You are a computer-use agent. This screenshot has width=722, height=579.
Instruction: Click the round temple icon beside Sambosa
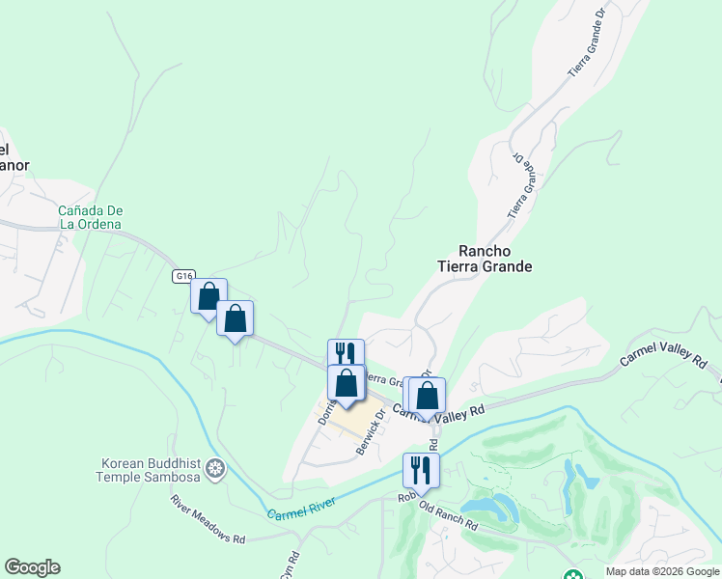coord(217,470)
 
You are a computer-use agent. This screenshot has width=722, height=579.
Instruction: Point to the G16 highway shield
coord(183,276)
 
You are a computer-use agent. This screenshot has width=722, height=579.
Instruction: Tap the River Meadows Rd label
coord(208,519)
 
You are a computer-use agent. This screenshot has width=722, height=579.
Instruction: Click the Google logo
coord(32,567)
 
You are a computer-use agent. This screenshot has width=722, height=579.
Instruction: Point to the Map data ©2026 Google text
coord(662,571)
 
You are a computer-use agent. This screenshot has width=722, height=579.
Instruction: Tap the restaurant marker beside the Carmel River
coord(421,470)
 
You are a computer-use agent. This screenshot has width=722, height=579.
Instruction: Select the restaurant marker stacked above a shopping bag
coord(346,356)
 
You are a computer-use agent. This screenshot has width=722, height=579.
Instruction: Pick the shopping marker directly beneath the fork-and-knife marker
coord(346,383)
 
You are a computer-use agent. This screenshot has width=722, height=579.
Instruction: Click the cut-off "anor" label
coord(14,165)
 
